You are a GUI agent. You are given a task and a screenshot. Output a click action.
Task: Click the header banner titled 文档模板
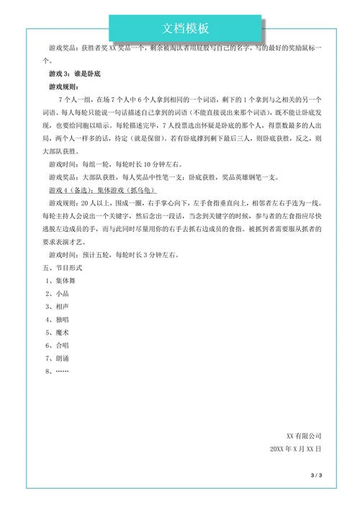tap(185, 28)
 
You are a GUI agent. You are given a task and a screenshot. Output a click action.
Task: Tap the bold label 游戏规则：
tap(63, 86)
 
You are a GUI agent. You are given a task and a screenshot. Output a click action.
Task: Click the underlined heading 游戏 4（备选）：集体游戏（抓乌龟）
tap(97, 190)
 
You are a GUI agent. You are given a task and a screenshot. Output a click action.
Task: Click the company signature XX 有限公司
tap(303, 436)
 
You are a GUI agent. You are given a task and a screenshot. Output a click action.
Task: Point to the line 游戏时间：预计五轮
tap(114, 254)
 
